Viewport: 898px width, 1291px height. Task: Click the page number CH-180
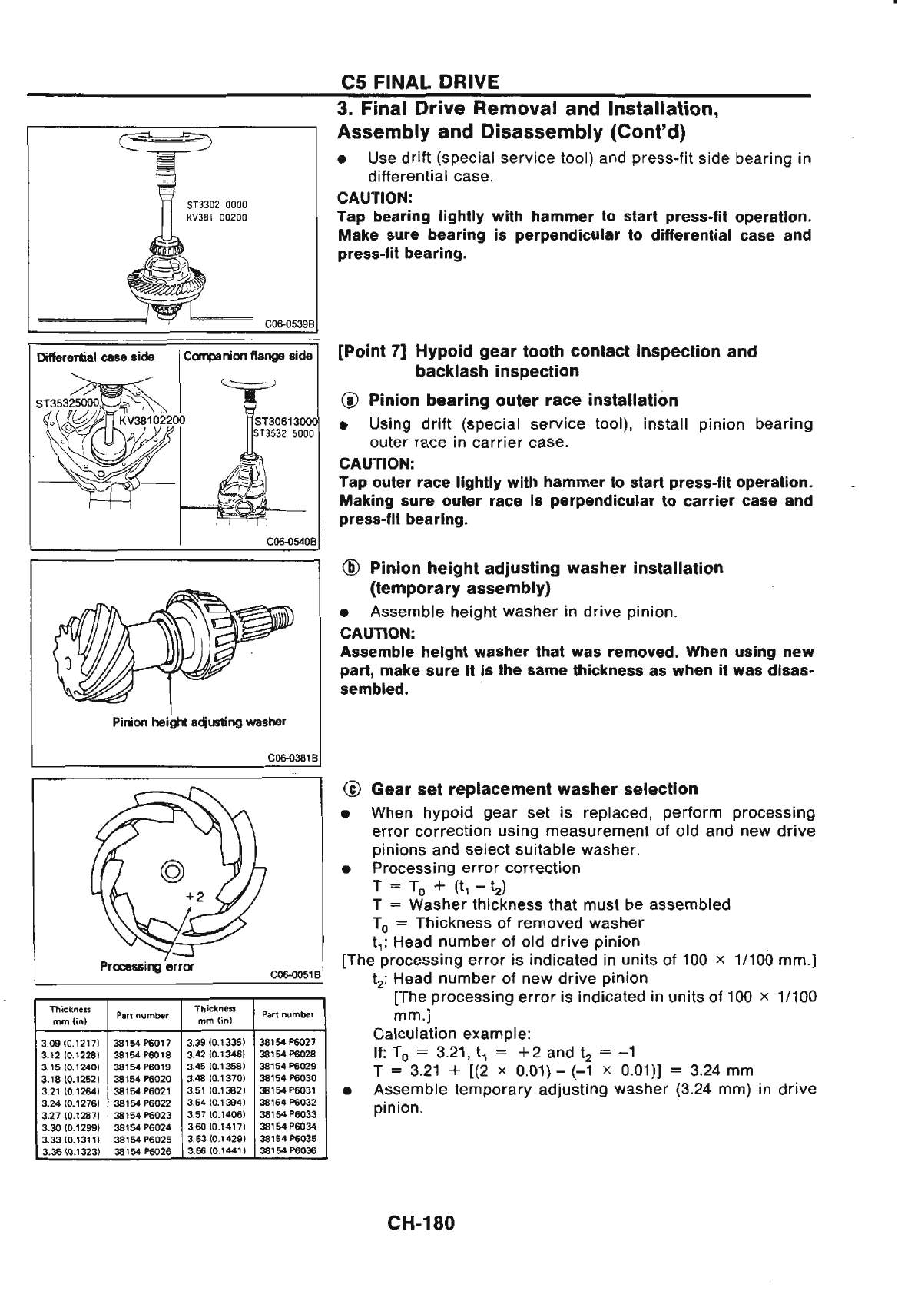[x=422, y=1222]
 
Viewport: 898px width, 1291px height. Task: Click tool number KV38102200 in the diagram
[x=151, y=420]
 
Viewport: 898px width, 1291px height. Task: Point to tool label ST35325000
[x=68, y=403]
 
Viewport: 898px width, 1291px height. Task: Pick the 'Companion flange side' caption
[x=248, y=357]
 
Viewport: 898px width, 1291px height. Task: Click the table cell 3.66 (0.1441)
[x=214, y=1150]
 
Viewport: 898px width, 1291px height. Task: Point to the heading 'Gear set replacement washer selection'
[x=534, y=789]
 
